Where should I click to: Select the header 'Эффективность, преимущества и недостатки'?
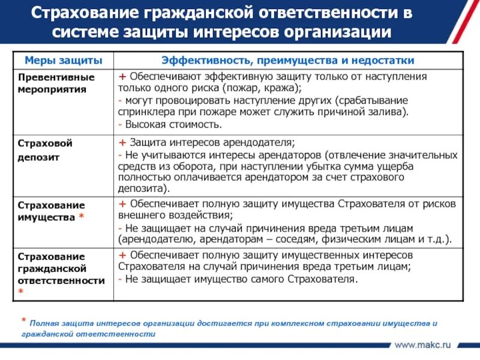tap(288, 61)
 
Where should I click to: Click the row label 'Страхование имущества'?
tap(52, 211)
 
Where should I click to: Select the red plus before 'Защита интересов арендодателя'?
tap(122, 142)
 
